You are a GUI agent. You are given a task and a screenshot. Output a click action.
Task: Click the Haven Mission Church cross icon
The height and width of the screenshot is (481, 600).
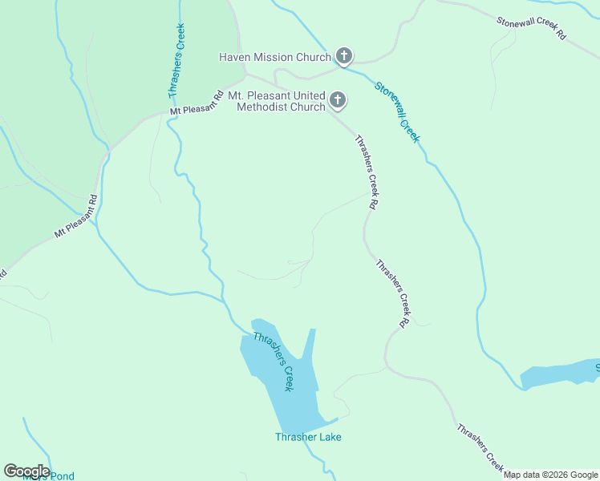click(343, 56)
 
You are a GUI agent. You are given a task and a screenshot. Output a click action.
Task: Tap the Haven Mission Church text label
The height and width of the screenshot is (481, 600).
click(275, 57)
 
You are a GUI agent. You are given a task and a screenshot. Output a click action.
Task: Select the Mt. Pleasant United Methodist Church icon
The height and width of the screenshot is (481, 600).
click(338, 100)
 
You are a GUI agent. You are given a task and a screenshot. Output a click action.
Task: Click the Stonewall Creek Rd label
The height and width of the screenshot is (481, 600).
click(531, 29)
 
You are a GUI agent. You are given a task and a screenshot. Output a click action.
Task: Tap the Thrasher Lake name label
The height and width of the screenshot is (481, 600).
click(308, 437)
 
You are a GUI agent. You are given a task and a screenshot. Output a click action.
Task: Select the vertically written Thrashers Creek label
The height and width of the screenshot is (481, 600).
click(177, 60)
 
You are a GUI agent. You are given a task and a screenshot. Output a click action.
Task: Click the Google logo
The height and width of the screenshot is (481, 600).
click(26, 471)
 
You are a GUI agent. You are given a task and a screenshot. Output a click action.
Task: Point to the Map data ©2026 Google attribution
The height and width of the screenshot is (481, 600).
click(551, 475)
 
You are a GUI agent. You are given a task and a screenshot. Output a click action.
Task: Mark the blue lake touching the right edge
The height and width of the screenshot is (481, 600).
click(561, 373)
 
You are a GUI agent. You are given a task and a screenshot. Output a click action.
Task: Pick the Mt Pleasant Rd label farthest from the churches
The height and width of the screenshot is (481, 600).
click(76, 216)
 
